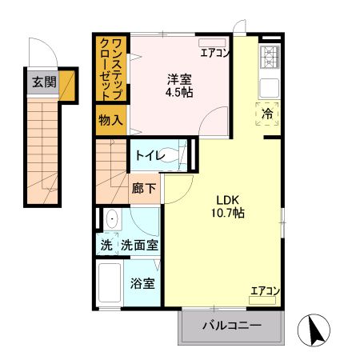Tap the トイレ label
click(x=149, y=156)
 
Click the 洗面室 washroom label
click(x=139, y=246)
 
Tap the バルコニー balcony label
click(x=231, y=326)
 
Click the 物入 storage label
click(x=110, y=120)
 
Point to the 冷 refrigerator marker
click(x=268, y=114)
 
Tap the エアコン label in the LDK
click(x=265, y=290)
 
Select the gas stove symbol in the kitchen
click(x=270, y=58)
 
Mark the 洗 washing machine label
click(x=106, y=246)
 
